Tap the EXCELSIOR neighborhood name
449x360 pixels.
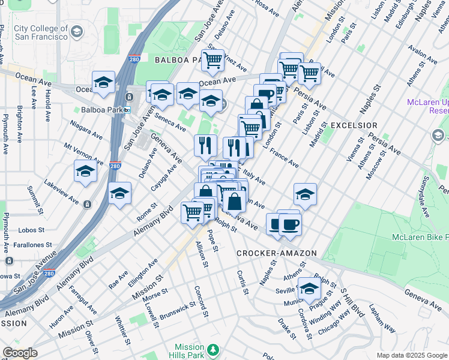tap(354, 125)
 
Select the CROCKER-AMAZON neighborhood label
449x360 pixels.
tap(276, 253)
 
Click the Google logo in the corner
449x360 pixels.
tap(20, 353)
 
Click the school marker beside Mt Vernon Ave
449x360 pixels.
tap(85, 172)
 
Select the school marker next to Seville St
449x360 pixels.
tap(309, 288)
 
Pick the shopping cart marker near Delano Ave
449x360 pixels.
tap(212, 60)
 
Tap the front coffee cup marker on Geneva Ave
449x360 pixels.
tap(290, 224)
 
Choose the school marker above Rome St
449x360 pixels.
tap(120, 193)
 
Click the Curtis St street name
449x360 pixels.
tap(242, 282)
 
